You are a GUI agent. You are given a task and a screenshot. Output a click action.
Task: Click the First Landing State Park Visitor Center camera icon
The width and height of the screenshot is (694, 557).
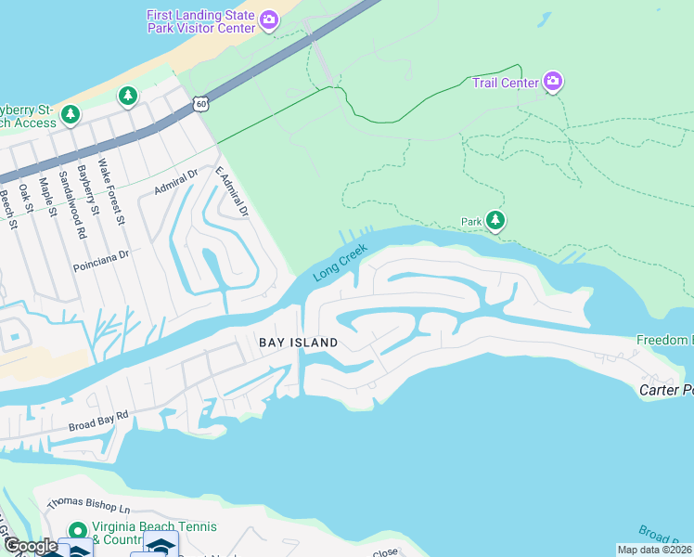point(269,20)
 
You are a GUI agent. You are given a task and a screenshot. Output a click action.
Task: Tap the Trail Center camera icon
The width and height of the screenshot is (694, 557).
point(553,83)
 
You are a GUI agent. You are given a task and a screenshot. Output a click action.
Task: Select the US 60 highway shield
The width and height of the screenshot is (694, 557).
point(201,103)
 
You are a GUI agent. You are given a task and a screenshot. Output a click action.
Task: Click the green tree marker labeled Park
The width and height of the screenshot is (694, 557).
point(496,221)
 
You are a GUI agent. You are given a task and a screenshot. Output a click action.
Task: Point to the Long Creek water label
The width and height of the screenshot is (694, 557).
point(341,263)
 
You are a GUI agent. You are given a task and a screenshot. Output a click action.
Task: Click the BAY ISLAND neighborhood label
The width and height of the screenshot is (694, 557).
point(298,343)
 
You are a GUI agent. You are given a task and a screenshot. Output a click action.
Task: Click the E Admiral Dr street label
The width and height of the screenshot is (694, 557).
point(232,192)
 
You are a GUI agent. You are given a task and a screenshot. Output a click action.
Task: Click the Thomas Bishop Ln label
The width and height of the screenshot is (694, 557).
point(89,506)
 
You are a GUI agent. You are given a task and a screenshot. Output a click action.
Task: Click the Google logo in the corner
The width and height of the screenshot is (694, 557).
point(30,546)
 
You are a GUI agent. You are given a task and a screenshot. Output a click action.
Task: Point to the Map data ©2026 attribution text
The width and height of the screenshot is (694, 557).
point(653,550)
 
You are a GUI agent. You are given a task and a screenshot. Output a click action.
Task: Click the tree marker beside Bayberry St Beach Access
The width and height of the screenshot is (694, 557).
point(71,115)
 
